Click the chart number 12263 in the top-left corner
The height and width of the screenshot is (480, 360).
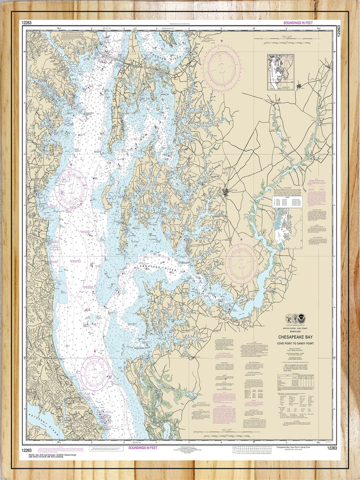point(27,22)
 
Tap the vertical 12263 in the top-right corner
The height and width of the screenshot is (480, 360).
point(338,29)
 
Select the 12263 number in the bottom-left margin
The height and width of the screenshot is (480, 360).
point(27,450)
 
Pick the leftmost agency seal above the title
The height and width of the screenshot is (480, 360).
point(289,319)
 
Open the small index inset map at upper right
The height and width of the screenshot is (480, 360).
point(280,72)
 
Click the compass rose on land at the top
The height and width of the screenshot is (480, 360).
point(221,68)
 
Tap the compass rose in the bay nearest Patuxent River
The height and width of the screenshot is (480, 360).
point(95,372)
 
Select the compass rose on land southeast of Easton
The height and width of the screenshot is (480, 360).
point(241,263)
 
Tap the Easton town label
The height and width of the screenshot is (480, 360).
point(229,190)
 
